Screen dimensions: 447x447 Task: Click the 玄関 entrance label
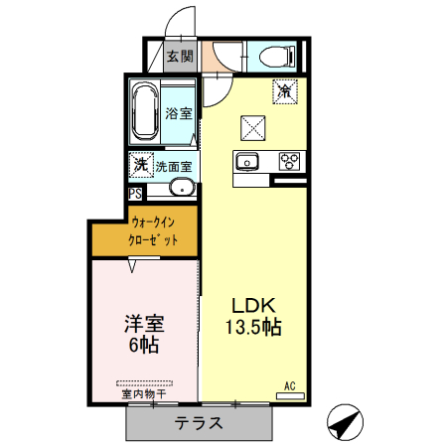pos(180,56)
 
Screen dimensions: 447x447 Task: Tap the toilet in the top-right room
pos(275,56)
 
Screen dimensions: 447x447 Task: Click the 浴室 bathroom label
pos(179,114)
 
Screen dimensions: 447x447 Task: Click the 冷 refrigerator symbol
pos(285,90)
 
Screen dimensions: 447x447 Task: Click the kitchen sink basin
pos(248,161)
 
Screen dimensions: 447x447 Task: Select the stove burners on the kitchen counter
pos(290,160)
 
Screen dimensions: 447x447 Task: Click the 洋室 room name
pos(144,324)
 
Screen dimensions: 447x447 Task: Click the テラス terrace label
pos(199,423)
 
